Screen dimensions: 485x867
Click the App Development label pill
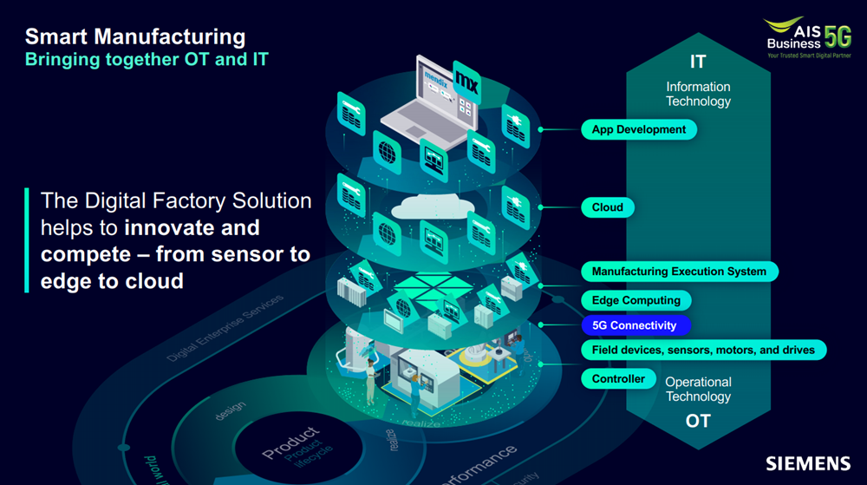click(639, 130)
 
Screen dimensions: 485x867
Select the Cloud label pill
click(608, 207)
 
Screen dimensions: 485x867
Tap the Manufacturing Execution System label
click(679, 272)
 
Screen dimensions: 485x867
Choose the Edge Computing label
click(636, 300)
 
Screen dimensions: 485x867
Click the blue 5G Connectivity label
click(634, 325)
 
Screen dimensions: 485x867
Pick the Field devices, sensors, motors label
click(703, 350)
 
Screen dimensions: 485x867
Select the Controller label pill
click(618, 379)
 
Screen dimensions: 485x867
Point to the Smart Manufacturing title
click(135, 37)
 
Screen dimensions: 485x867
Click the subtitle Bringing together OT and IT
click(147, 60)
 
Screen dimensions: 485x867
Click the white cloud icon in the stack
click(430, 206)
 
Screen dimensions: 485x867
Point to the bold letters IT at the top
click(698, 62)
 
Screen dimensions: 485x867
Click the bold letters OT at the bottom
click(698, 421)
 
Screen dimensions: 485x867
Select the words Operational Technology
click(698, 390)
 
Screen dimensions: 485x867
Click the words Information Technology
click(698, 94)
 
